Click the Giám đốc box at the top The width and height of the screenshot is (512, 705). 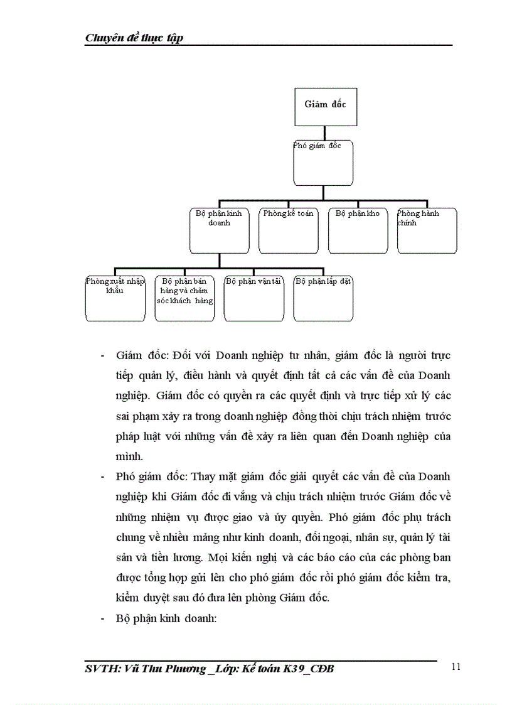(325, 107)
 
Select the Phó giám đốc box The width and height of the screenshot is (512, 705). (323, 162)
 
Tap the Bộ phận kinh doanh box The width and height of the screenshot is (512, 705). (219, 230)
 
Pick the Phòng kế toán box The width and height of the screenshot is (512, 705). (288, 230)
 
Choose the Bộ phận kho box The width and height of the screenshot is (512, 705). (358, 230)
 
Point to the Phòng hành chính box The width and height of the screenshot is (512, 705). (427, 230)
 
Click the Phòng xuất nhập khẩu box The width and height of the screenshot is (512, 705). (115, 298)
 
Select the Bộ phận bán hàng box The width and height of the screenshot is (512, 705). (184, 298)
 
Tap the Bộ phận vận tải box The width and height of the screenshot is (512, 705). (253, 298)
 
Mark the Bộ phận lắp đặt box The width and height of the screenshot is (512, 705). (323, 298)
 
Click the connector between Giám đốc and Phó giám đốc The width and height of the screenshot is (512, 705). (324, 133)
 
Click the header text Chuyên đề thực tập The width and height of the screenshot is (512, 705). (134, 38)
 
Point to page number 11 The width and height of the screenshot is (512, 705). (456, 667)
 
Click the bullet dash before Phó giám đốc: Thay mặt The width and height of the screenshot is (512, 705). (102, 477)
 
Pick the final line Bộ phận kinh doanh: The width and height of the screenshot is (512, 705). (166, 618)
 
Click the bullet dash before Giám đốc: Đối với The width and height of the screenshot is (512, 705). (102, 356)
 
